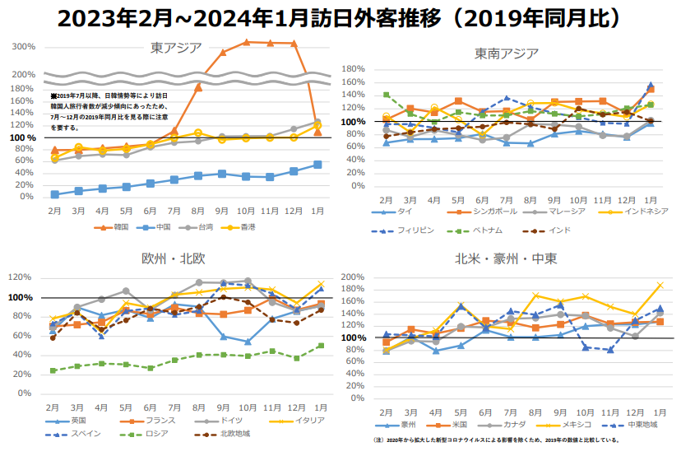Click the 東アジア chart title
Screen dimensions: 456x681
click(x=177, y=47)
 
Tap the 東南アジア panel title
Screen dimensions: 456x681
click(x=507, y=54)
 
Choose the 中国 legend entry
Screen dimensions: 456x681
click(x=163, y=226)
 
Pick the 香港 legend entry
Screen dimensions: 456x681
click(x=243, y=226)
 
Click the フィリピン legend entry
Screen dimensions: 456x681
click(x=408, y=230)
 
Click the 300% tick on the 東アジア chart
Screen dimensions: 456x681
click(x=23, y=47)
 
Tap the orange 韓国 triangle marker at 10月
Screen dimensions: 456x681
click(x=246, y=41)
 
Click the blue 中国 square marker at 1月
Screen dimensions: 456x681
click(x=317, y=165)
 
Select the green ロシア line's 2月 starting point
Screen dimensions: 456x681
click(x=53, y=370)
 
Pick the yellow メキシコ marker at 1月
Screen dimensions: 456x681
click(x=660, y=286)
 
